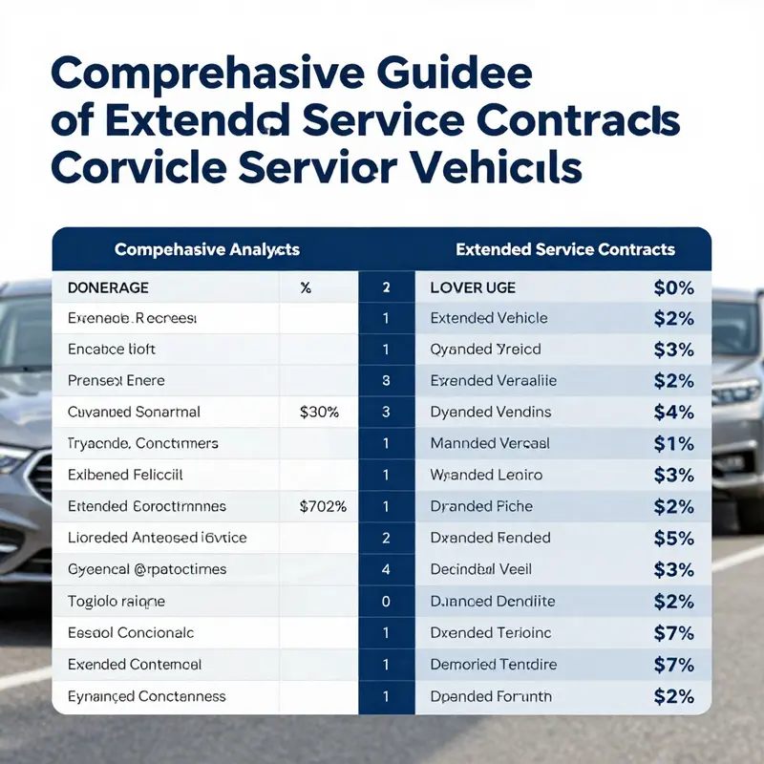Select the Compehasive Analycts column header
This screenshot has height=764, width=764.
pyautogui.click(x=206, y=249)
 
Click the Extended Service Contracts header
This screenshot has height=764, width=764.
pyautogui.click(x=564, y=249)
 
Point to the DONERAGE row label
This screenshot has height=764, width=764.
pyautogui.click(x=108, y=286)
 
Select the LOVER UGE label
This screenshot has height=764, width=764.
pyautogui.click(x=473, y=286)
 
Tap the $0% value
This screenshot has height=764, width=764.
pyautogui.click(x=673, y=286)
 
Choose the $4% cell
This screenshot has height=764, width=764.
pyautogui.click(x=673, y=413)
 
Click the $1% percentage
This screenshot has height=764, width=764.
pyautogui.click(x=673, y=443)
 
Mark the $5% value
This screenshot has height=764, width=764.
pyautogui.click(x=673, y=538)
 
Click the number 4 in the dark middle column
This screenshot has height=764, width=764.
pyautogui.click(x=386, y=569)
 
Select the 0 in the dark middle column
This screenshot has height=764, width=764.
pyautogui.click(x=386, y=601)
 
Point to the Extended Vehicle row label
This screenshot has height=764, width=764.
pyautogui.click(x=489, y=318)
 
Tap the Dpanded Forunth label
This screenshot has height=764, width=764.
pyautogui.click(x=491, y=696)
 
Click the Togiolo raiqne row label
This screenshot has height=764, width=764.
pyautogui.click(x=117, y=601)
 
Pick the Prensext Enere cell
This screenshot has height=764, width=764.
pyautogui.click(x=117, y=381)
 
